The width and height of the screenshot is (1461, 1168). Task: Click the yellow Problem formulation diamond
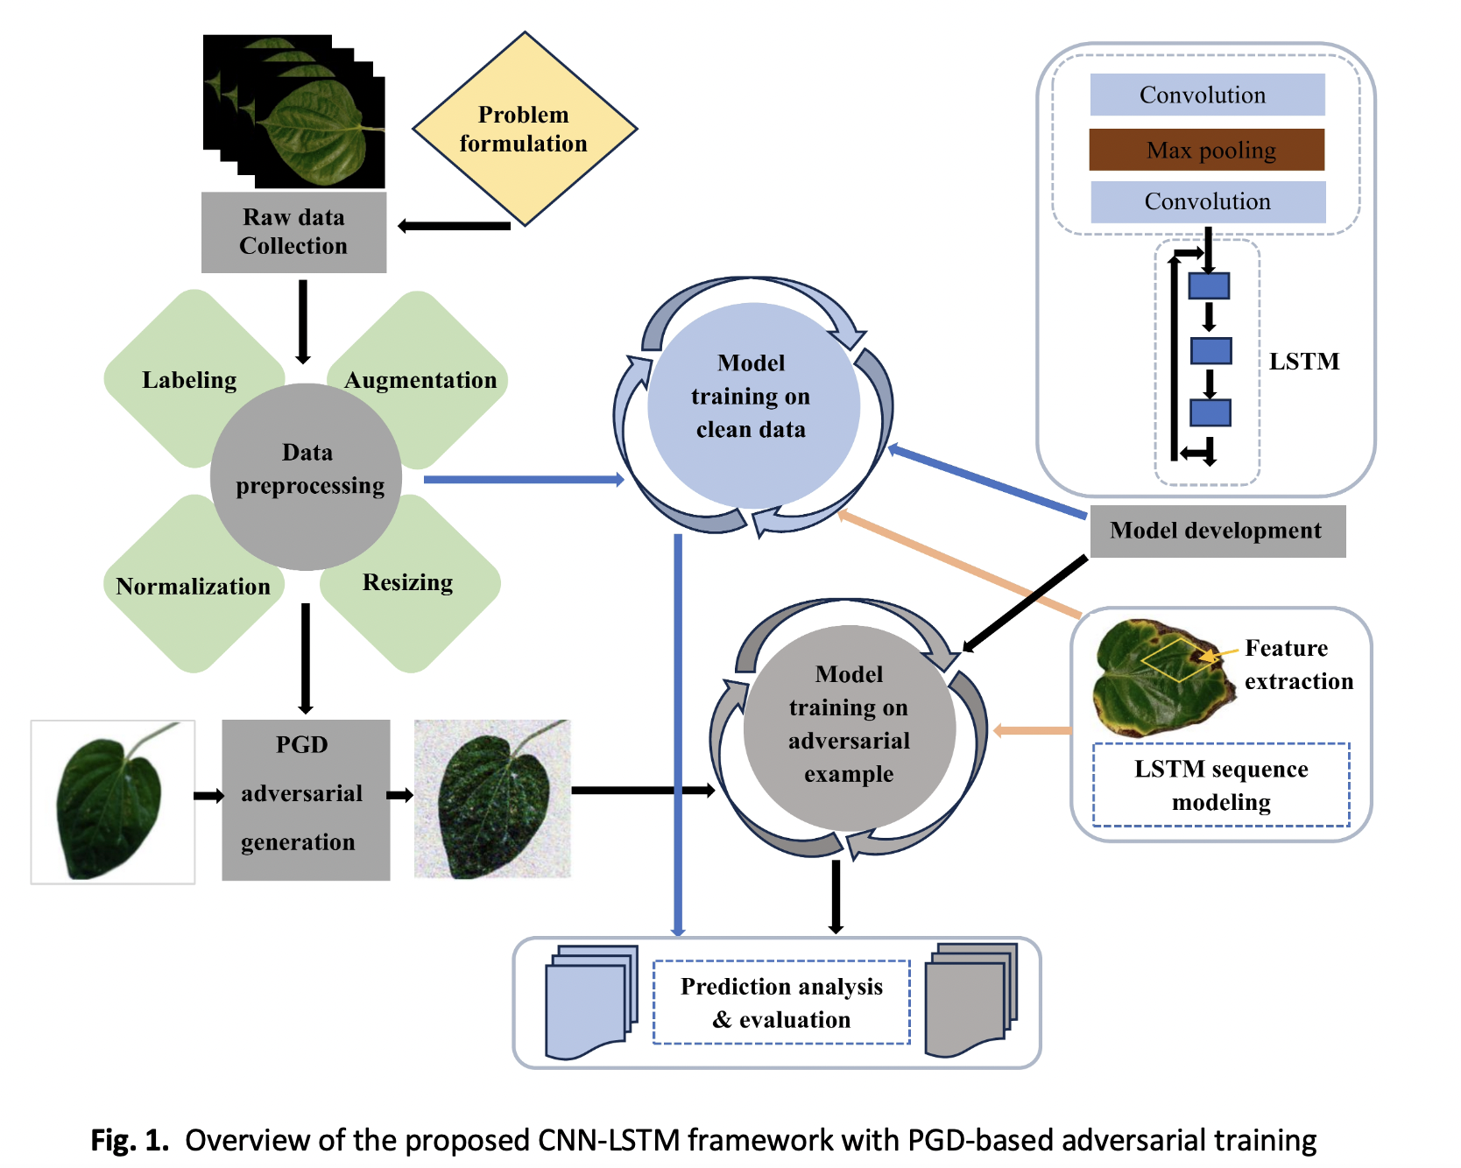tap(524, 130)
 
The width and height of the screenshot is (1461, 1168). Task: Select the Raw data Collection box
tap(293, 232)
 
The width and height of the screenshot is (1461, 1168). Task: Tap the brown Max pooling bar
tap(1207, 150)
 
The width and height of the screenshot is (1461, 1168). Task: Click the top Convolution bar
tap(1207, 95)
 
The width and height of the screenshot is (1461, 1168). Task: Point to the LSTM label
tap(1304, 362)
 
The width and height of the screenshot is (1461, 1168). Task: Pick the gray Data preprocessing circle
tap(307, 477)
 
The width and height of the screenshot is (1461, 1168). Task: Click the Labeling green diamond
tap(180, 380)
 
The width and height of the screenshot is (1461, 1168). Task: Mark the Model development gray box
tap(1217, 531)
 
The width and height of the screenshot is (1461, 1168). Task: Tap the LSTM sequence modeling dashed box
tap(1221, 785)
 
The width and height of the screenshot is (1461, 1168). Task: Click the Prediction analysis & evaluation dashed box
tap(781, 1003)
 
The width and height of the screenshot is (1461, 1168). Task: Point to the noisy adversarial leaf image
tap(492, 799)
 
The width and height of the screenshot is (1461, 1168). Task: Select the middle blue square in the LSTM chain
tap(1211, 351)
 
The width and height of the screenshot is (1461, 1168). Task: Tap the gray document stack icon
tap(970, 1000)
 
